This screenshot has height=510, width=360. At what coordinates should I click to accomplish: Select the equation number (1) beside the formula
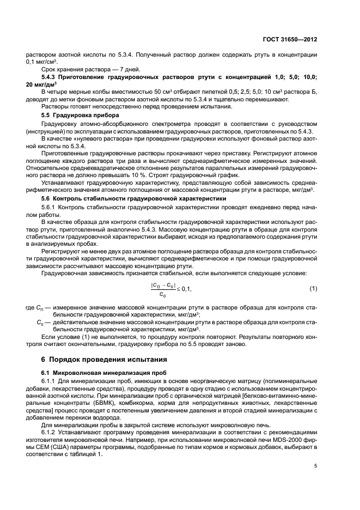point(313,288)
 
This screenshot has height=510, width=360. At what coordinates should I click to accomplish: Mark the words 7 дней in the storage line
point(129,70)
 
